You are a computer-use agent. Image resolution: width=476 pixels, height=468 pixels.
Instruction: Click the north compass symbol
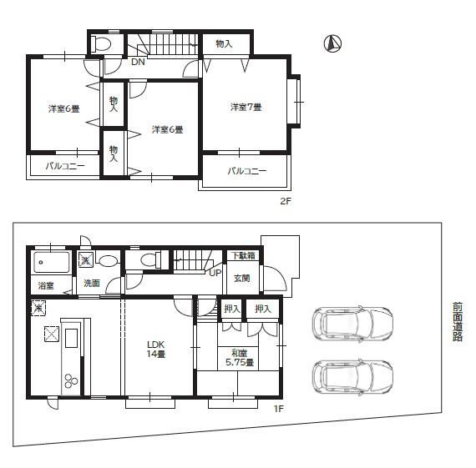332,43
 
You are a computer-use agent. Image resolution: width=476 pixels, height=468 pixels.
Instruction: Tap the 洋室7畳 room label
246,107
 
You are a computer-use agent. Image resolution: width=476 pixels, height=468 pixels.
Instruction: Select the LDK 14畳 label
156,349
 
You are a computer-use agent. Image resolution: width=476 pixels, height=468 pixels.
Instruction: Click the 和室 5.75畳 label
240,358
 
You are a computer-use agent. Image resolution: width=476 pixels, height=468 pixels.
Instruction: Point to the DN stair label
138,62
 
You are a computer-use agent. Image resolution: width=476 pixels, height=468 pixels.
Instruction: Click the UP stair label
215,273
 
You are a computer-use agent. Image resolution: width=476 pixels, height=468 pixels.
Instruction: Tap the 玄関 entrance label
242,278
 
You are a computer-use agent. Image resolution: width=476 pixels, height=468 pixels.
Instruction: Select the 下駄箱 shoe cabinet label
244,255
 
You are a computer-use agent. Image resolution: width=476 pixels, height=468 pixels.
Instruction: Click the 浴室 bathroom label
46,285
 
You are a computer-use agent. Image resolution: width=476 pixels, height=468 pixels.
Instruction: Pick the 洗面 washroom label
92,283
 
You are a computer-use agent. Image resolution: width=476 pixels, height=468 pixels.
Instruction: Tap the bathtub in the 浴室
52,262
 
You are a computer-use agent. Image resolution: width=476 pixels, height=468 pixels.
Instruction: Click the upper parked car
352,324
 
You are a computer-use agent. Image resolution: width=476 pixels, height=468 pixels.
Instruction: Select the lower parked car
352,377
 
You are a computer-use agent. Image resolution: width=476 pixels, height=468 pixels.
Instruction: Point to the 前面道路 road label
457,322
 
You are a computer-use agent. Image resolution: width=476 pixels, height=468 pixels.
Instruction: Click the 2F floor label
286,201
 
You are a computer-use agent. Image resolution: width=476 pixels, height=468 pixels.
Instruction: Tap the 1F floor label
279,409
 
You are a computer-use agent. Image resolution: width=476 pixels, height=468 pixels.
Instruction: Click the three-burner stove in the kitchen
71,380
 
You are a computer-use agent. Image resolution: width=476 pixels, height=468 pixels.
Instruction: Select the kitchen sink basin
72,338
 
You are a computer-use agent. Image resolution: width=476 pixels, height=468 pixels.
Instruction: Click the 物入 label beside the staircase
224,44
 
